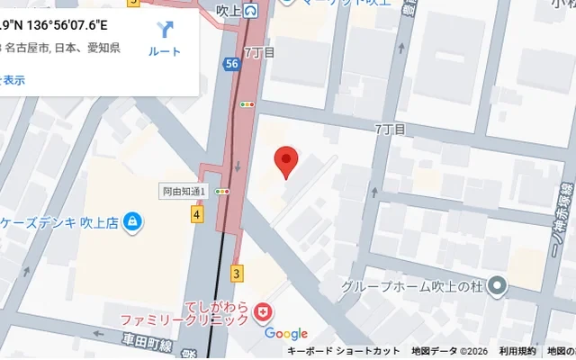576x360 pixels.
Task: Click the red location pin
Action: pyautogui.click(x=285, y=160)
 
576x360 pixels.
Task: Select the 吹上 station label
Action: pyautogui.click(x=229, y=11)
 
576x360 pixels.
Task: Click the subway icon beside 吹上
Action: pyautogui.click(x=251, y=11)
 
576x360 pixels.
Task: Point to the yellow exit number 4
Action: pyautogui.click(x=196, y=214)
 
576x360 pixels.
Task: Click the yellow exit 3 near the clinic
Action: pyautogui.click(x=237, y=272)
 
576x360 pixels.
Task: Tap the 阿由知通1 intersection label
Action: pyautogui.click(x=184, y=192)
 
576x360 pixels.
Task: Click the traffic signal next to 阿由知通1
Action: pyautogui.click(x=221, y=192)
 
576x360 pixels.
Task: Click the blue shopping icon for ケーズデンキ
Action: pyautogui.click(x=132, y=220)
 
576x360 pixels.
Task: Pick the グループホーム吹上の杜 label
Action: pyautogui.click(x=411, y=287)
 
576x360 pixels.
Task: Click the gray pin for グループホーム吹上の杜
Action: pyautogui.click(x=498, y=287)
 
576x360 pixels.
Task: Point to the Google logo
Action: pyautogui.click(x=286, y=334)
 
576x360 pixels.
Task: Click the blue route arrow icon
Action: pyautogui.click(x=165, y=29)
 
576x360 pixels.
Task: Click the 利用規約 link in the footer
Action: pyautogui.click(x=517, y=351)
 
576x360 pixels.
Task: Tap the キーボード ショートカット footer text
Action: pyautogui.click(x=343, y=351)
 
